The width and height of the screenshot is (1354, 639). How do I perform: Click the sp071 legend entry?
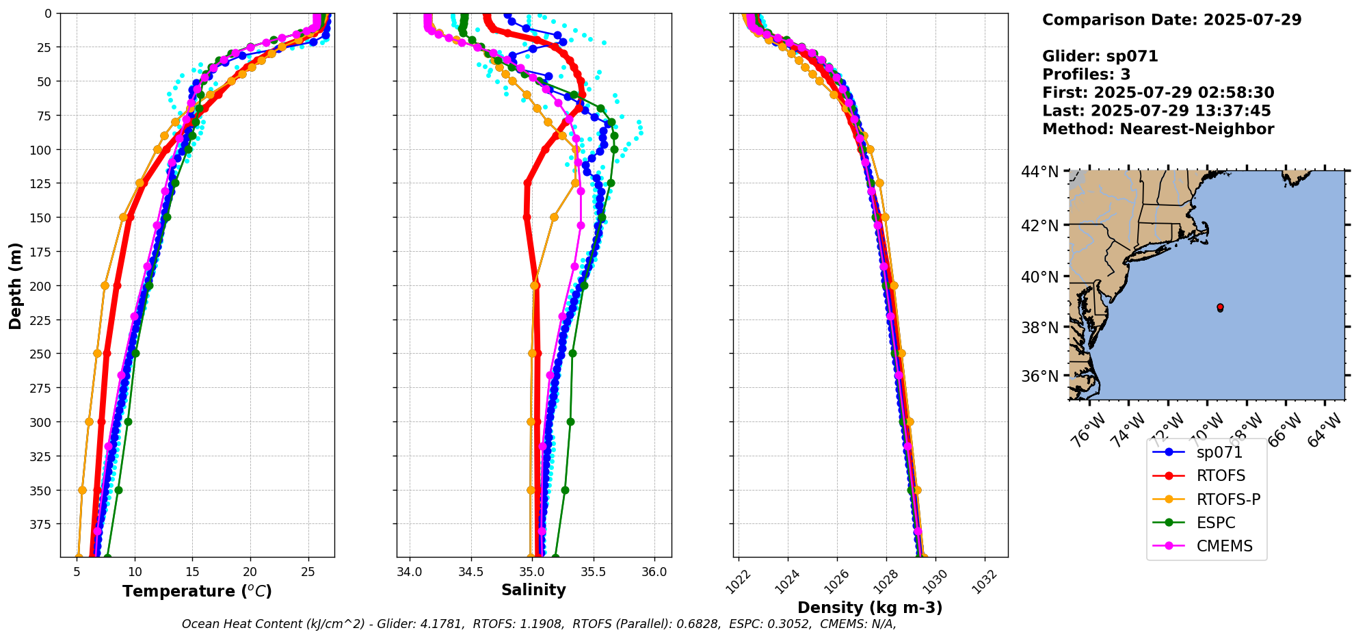tap(1219, 452)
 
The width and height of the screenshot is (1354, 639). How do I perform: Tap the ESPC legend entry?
tap(1215, 523)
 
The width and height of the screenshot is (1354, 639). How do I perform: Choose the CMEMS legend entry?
tap(1224, 546)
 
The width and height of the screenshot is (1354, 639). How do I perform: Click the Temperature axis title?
tap(197, 591)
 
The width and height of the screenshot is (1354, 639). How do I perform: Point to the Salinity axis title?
tap(533, 590)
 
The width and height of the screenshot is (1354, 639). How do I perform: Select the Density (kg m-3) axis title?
tap(870, 608)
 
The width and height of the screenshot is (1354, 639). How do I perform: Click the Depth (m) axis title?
tap(15, 285)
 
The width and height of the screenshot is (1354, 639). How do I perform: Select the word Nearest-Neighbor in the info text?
tap(1197, 129)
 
